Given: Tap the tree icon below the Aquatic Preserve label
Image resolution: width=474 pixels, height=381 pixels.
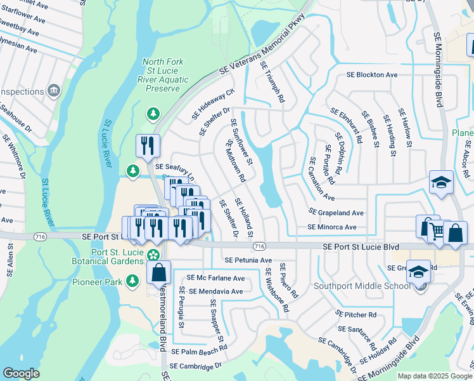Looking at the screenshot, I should (x=153, y=114).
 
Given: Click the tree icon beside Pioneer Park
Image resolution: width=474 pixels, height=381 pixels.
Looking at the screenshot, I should (x=132, y=280).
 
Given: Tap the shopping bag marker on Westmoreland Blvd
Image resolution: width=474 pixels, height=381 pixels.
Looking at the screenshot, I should (x=159, y=272).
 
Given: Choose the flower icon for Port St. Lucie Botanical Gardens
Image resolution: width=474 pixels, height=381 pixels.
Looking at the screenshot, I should (x=153, y=255).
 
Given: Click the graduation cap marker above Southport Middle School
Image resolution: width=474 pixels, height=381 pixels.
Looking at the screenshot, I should (x=418, y=271).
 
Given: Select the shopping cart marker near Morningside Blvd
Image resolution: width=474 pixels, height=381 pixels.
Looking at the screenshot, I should (x=428, y=227).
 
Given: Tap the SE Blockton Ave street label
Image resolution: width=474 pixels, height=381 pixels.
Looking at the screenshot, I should (x=372, y=75).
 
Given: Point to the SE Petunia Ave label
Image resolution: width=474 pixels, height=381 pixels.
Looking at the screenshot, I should (x=248, y=260).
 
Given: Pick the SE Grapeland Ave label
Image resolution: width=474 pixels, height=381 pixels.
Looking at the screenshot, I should (x=336, y=213).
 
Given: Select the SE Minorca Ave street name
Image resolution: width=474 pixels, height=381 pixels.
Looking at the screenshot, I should (x=332, y=227).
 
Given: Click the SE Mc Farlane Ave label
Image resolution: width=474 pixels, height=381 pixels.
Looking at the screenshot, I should (x=215, y=278).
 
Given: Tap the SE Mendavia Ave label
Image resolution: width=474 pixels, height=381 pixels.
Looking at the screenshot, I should (x=216, y=291).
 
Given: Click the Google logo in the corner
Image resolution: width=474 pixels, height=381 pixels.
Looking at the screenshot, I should (x=21, y=373).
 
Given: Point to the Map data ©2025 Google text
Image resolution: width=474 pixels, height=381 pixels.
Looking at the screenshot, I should (x=435, y=376).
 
